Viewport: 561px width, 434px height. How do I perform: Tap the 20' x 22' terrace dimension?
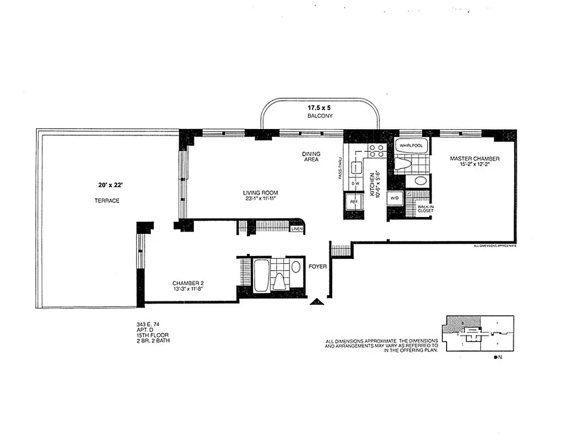(107, 185)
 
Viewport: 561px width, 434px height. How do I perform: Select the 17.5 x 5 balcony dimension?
(319, 107)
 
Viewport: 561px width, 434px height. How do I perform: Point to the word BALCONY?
(319, 116)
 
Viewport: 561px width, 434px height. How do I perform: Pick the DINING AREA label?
(311, 157)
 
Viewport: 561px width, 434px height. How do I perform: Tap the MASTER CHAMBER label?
(474, 158)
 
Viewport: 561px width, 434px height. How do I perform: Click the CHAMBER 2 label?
(188, 283)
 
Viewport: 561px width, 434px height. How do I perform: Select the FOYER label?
(317, 266)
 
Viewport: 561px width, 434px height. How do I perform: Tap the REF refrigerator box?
(354, 201)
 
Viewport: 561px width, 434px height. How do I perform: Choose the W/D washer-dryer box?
(394, 199)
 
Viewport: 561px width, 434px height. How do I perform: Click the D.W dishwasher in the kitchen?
(356, 183)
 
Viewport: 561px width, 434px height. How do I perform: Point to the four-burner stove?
(376, 151)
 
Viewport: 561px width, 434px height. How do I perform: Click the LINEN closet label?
(296, 229)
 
